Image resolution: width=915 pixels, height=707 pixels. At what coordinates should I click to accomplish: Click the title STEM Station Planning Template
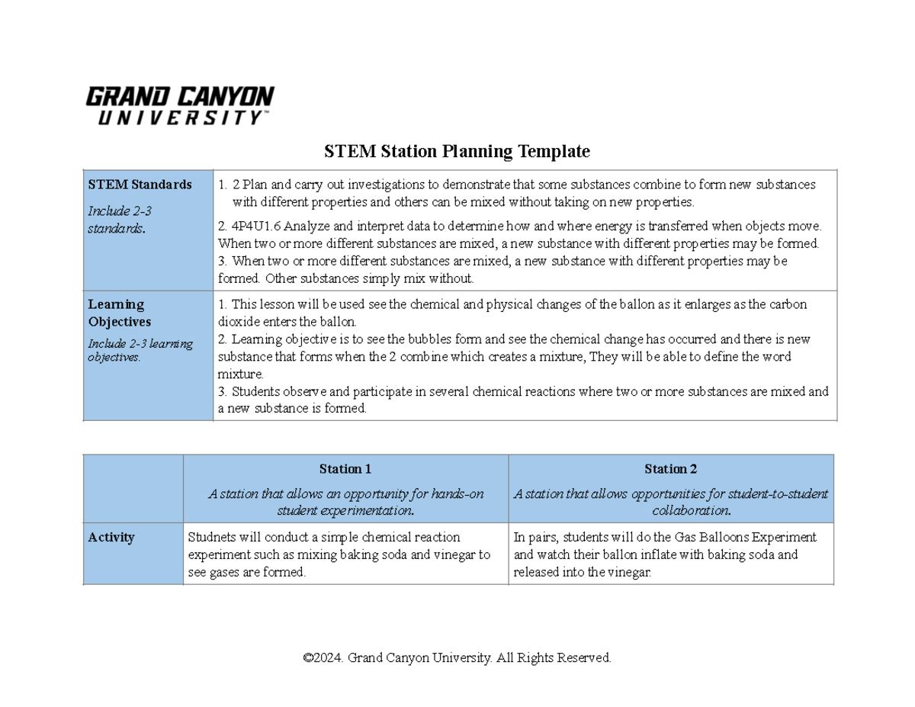pos(457,152)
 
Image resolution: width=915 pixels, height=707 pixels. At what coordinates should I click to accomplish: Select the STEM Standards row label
pos(140,185)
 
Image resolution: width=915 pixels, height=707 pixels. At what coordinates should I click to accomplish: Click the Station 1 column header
pos(345,469)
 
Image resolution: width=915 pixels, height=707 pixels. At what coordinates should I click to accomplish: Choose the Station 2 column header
pos(670,469)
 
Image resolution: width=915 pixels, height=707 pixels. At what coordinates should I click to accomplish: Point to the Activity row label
pos(111,537)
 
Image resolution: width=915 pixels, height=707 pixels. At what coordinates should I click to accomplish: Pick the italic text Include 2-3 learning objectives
pos(140,350)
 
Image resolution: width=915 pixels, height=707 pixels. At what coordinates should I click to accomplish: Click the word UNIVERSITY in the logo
pos(179,118)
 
